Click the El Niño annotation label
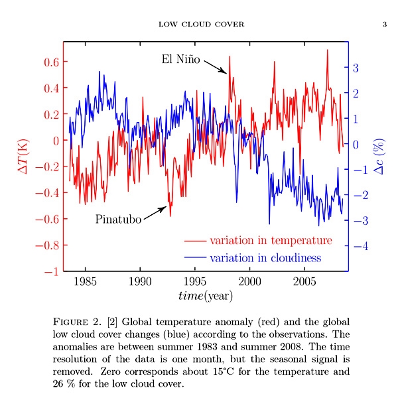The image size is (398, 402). point(180,59)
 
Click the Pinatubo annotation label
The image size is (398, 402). point(118,219)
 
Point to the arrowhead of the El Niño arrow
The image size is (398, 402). point(226,72)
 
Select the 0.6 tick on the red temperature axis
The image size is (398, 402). point(50,62)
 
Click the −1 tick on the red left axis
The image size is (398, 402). point(50,271)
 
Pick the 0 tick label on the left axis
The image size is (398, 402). point(56,141)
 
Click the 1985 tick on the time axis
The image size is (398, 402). point(85,281)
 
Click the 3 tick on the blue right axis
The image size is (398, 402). point(356,68)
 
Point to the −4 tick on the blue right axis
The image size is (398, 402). point(359,246)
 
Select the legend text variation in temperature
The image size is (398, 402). point(271,240)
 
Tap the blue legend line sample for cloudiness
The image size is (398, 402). point(195,258)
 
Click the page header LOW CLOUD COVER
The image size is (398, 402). point(202,25)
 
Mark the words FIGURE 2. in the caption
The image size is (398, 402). point(77,322)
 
